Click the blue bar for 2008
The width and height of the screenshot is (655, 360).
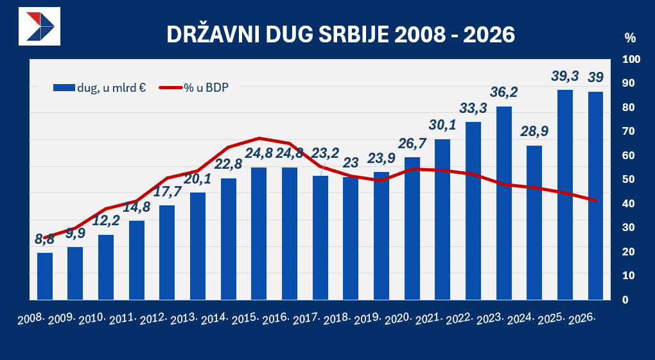click(45, 276)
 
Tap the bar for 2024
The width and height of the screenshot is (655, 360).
click(534, 222)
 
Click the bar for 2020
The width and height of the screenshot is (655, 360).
click(412, 228)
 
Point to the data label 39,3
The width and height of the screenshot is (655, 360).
click(565, 76)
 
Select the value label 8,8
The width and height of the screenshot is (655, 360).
click(44, 239)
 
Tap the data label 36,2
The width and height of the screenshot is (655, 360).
click(503, 93)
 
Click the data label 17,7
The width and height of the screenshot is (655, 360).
click(167, 192)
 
